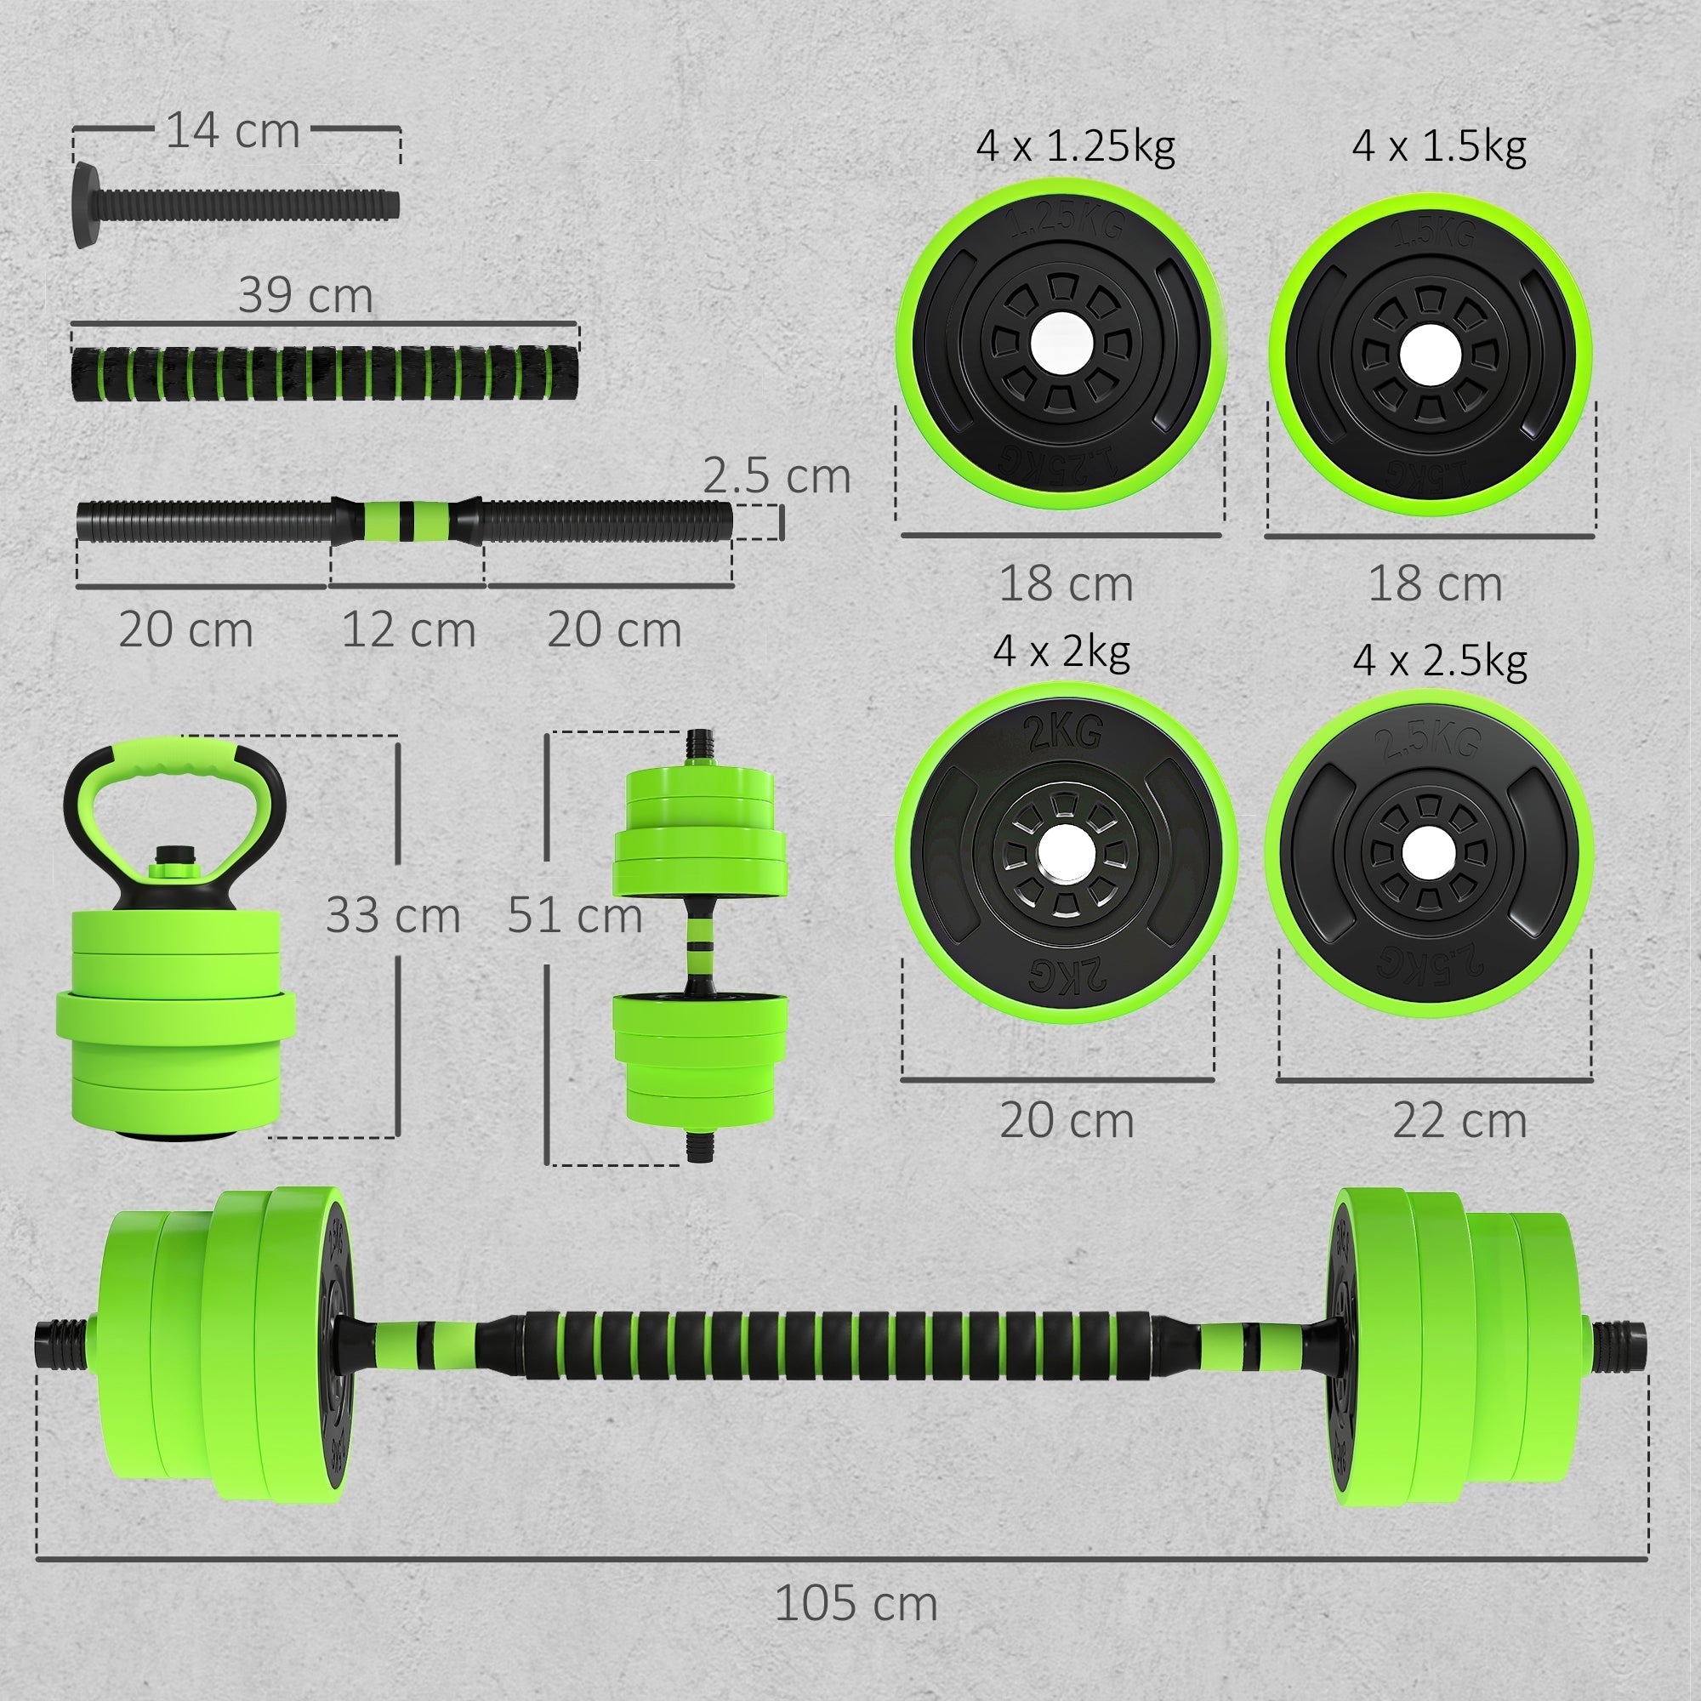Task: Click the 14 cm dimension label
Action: pyautogui.click(x=232, y=131)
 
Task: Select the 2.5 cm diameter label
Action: pyautogui.click(x=776, y=476)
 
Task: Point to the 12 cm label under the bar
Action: pyautogui.click(x=407, y=630)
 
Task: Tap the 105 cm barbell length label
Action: pyautogui.click(x=855, y=1603)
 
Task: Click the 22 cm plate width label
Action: pyautogui.click(x=1459, y=1121)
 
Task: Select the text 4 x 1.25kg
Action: pyautogui.click(x=1074, y=145)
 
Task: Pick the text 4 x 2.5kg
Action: pyautogui.click(x=1440, y=659)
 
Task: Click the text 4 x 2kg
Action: pyautogui.click(x=1061, y=651)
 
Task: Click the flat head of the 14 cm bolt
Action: pyautogui.click(x=84, y=205)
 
